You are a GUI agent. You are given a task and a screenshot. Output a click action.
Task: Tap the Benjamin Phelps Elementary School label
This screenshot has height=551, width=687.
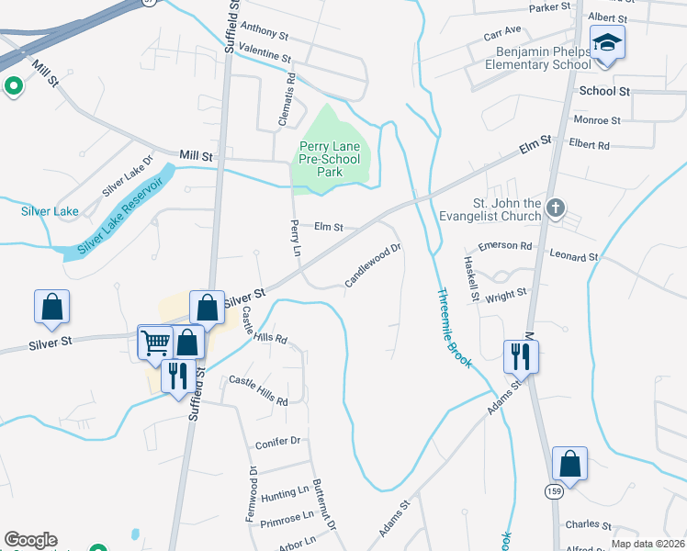click(x=543, y=58)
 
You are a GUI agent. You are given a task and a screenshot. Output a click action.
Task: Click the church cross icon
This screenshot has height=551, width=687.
click(x=554, y=208)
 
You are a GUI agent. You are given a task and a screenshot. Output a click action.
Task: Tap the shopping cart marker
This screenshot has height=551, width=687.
click(x=155, y=343)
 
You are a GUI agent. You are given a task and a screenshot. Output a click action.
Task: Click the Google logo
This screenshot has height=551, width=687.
click(x=29, y=540)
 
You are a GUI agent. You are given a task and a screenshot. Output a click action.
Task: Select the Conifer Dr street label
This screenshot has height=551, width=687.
click(x=278, y=441)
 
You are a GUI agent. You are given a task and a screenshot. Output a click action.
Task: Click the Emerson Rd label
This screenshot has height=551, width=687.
click(x=505, y=246)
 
